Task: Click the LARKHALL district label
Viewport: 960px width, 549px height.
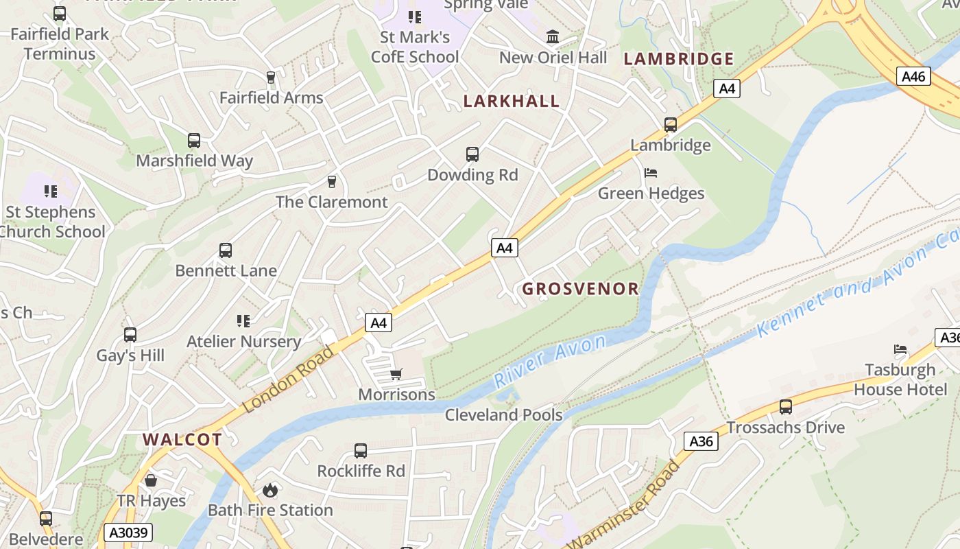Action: [x=512, y=101]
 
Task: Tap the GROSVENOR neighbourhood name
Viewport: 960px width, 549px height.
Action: [x=581, y=289]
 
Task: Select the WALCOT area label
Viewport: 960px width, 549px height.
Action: [x=182, y=440]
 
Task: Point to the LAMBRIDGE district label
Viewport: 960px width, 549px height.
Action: [x=679, y=59]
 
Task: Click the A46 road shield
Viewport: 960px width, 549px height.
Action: [x=914, y=76]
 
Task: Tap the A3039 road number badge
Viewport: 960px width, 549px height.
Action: [x=128, y=533]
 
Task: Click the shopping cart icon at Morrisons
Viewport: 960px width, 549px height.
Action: [x=396, y=375]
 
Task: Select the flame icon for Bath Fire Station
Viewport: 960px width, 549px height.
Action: [x=270, y=490]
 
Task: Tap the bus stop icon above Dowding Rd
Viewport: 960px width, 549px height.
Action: [x=472, y=154]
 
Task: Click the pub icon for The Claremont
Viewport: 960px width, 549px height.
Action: [x=332, y=182]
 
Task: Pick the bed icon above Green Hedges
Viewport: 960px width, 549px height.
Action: [x=651, y=173]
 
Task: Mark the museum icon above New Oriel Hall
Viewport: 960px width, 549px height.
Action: [x=553, y=36]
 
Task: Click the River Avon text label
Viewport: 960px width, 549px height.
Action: [x=550, y=360]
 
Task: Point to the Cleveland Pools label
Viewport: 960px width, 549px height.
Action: [x=504, y=415]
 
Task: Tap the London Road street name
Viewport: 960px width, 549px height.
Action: [x=288, y=379]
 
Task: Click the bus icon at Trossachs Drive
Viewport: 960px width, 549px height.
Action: [x=786, y=407]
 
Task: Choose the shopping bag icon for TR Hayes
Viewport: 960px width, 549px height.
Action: [x=151, y=480]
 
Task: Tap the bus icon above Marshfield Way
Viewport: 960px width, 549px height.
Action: [x=194, y=141]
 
